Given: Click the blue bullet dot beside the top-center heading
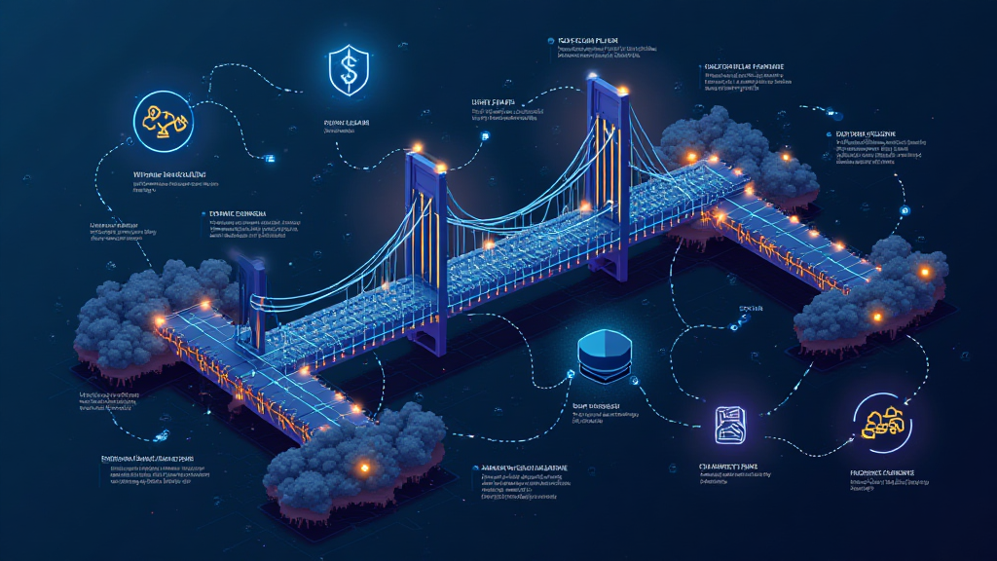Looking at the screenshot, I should click(551, 42).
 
